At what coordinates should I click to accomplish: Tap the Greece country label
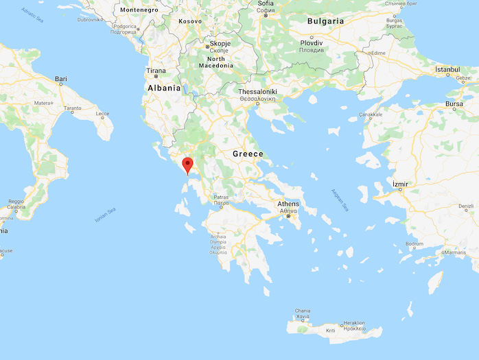pyautogui.click(x=248, y=154)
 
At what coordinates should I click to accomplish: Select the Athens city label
pyautogui.click(x=288, y=204)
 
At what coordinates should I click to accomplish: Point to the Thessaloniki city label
pyautogui.click(x=257, y=91)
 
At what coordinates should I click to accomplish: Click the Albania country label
pyautogui.click(x=164, y=88)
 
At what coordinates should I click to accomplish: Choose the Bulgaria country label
pyautogui.click(x=325, y=21)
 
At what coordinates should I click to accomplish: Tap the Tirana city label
pyautogui.click(x=155, y=71)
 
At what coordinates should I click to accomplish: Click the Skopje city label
pyautogui.click(x=220, y=43)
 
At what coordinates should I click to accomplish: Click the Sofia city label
pyautogui.click(x=266, y=3)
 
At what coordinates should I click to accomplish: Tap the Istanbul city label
pyautogui.click(x=452, y=70)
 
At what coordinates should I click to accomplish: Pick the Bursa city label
pyautogui.click(x=455, y=104)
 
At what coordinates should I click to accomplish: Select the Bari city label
pyautogui.click(x=61, y=80)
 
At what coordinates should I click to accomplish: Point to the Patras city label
pyautogui.click(x=220, y=197)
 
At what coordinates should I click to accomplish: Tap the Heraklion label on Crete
pyautogui.click(x=354, y=322)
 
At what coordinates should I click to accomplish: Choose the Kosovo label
pyautogui.click(x=191, y=21)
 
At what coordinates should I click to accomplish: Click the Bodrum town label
pyautogui.click(x=414, y=244)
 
